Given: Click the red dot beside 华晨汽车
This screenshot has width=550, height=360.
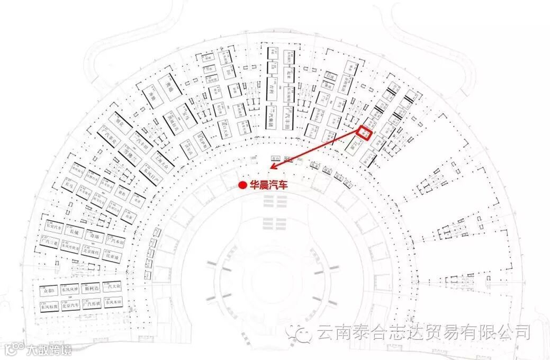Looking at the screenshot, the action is (242, 185).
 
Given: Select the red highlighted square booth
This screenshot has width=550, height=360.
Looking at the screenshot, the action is (365, 132).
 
